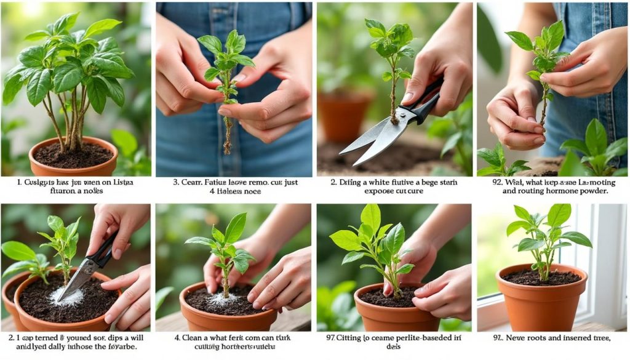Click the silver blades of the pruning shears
coord(369,142)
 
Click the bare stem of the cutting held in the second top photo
coord(228,132)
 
